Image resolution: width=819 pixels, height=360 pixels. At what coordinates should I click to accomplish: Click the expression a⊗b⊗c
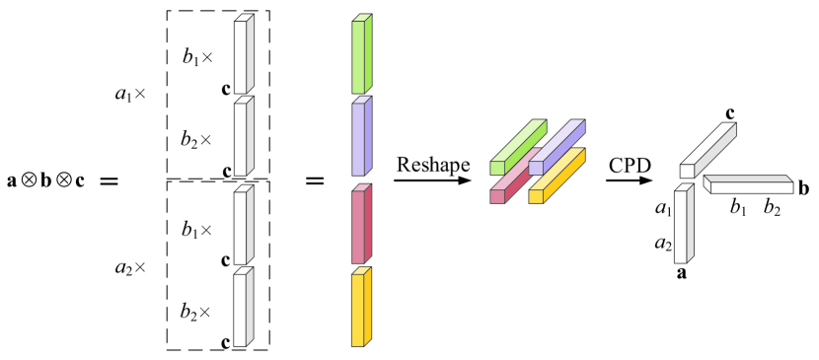click(44, 182)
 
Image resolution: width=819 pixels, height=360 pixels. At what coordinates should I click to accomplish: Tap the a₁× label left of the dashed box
click(129, 96)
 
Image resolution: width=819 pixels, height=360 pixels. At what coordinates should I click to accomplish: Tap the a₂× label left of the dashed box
click(129, 265)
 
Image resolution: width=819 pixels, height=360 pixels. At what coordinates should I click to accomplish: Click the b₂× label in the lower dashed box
click(197, 312)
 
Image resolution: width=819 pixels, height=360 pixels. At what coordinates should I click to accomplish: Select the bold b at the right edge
click(804, 186)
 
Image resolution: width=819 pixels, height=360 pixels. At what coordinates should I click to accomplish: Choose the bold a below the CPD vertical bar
click(681, 273)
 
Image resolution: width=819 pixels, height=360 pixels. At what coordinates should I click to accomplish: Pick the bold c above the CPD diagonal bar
click(730, 113)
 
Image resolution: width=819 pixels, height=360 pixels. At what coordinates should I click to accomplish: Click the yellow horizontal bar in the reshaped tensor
click(558, 176)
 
